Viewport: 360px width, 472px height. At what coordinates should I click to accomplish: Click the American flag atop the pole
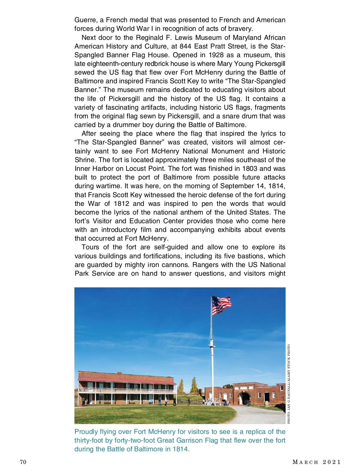coord(221,305)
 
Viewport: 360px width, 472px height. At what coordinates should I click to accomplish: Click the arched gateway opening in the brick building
coord(244,399)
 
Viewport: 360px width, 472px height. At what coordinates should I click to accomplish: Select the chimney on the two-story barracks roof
coord(119,374)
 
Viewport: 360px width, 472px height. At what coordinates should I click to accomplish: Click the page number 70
coord(23,462)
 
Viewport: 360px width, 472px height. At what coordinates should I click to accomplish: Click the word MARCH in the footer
coord(305,462)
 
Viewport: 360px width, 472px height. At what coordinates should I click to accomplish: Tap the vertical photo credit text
coord(289,384)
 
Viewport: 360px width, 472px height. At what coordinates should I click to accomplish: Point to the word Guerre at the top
coord(85,20)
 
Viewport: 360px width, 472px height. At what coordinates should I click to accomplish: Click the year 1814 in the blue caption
coord(181,449)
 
